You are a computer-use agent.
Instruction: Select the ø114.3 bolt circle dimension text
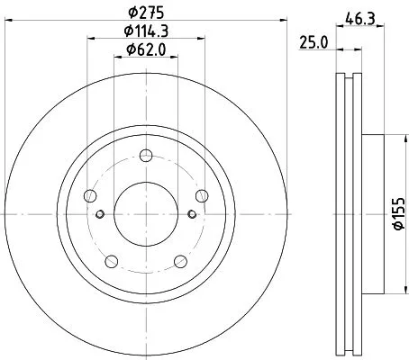pos(145,32)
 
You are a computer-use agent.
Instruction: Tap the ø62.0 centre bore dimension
pos(145,50)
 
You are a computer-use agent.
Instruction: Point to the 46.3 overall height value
pos(359,15)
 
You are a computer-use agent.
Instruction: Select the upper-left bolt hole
pos(90,194)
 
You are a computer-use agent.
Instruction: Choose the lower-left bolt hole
pos(112,261)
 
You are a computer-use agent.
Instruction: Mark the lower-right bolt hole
pos(180,261)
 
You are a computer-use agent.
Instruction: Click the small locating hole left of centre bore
pos(101,213)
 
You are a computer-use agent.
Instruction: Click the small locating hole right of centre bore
pos(191,213)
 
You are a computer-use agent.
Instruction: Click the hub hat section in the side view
pos(374,213)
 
